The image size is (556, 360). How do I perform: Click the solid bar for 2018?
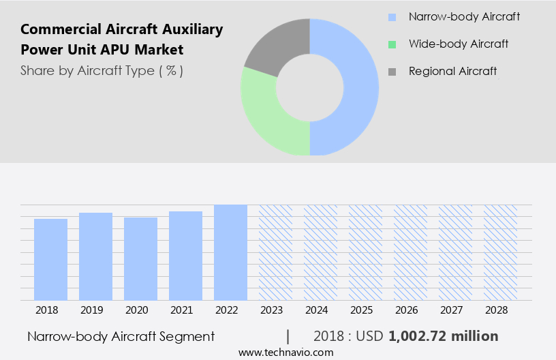point(50,259)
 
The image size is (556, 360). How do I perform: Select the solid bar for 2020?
point(140,258)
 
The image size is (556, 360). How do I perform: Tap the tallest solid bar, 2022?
point(230,252)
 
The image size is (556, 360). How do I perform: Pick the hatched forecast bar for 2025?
point(365,252)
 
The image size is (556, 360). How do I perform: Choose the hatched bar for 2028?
point(500,252)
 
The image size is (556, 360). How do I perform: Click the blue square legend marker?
point(391,16)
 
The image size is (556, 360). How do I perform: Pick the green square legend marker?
point(391,44)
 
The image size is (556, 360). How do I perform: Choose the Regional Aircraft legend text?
point(452,71)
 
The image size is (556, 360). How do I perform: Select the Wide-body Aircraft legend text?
point(459,44)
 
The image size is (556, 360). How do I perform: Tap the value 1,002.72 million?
point(444,336)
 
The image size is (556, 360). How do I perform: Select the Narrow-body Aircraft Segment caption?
point(121,336)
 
